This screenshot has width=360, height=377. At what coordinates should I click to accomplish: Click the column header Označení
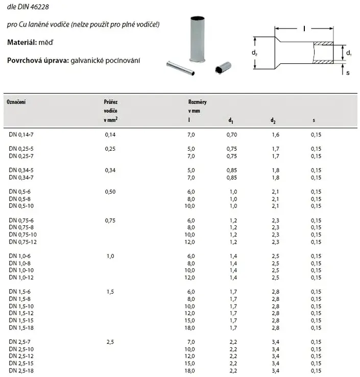(x=16, y=102)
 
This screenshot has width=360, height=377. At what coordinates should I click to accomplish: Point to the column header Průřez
(x=111, y=102)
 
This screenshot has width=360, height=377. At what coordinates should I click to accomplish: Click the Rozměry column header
(x=197, y=102)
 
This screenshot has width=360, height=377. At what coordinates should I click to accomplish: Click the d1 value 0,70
(x=232, y=135)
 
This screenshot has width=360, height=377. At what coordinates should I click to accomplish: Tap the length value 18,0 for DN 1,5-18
(x=189, y=327)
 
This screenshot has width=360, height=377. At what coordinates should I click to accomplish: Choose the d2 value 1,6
(x=275, y=135)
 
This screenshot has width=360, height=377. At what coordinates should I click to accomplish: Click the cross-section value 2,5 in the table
(x=110, y=341)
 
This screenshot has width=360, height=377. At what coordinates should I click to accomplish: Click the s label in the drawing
(x=348, y=73)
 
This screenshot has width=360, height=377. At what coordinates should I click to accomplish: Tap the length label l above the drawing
(x=304, y=29)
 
